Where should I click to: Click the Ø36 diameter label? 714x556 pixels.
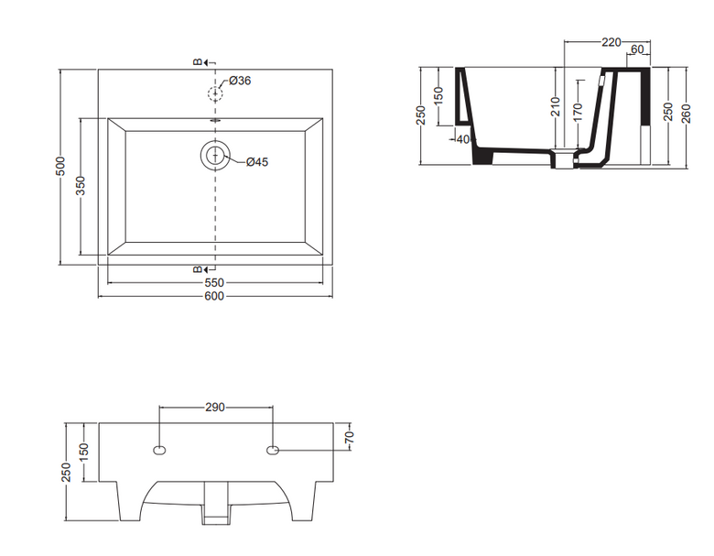click(x=240, y=81)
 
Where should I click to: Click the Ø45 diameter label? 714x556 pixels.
click(x=257, y=162)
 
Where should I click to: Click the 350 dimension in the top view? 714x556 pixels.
click(x=81, y=185)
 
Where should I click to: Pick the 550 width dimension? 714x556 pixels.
click(x=214, y=283)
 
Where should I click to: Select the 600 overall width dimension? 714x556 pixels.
click(x=214, y=296)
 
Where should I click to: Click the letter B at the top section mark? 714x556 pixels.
click(x=197, y=62)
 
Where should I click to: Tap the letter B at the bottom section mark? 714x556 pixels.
click(x=197, y=269)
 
